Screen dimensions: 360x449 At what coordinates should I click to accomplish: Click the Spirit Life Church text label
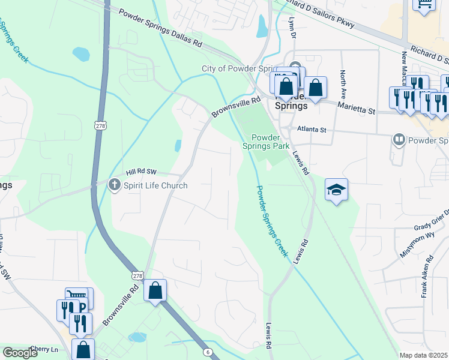[155, 185]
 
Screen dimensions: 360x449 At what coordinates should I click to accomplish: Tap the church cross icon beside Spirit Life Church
[115, 185]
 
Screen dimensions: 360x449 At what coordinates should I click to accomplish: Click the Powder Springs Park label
[266, 142]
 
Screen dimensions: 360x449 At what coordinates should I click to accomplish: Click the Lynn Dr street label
[292, 27]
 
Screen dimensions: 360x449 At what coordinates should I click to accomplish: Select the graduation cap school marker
[337, 190]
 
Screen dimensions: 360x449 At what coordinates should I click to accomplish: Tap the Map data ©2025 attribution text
[424, 355]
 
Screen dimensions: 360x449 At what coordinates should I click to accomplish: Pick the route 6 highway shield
[208, 352]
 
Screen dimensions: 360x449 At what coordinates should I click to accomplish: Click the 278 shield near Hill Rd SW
[100, 124]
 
